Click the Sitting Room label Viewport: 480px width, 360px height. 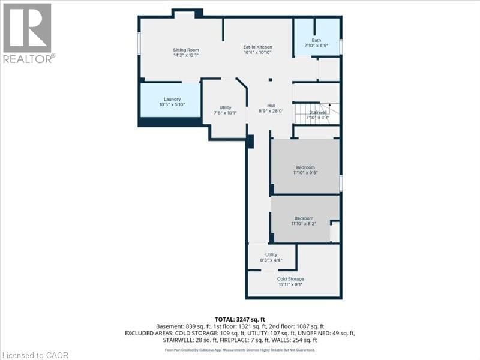pyautogui.click(x=186, y=50)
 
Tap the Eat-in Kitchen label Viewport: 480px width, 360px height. pyautogui.click(x=258, y=47)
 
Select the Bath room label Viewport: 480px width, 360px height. pyautogui.click(x=316, y=41)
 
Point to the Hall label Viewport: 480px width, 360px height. pyautogui.click(x=271, y=105)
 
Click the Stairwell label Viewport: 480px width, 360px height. pyautogui.click(x=317, y=112)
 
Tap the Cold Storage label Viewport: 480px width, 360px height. pyautogui.click(x=290, y=279)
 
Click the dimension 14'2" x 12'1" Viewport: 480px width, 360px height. pyautogui.click(x=186, y=55)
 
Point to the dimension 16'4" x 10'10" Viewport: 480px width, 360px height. pyautogui.click(x=258, y=52)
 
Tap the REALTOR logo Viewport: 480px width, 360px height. pyautogui.click(x=28, y=32)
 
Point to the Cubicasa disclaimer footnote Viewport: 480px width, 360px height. pyautogui.click(x=239, y=350)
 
